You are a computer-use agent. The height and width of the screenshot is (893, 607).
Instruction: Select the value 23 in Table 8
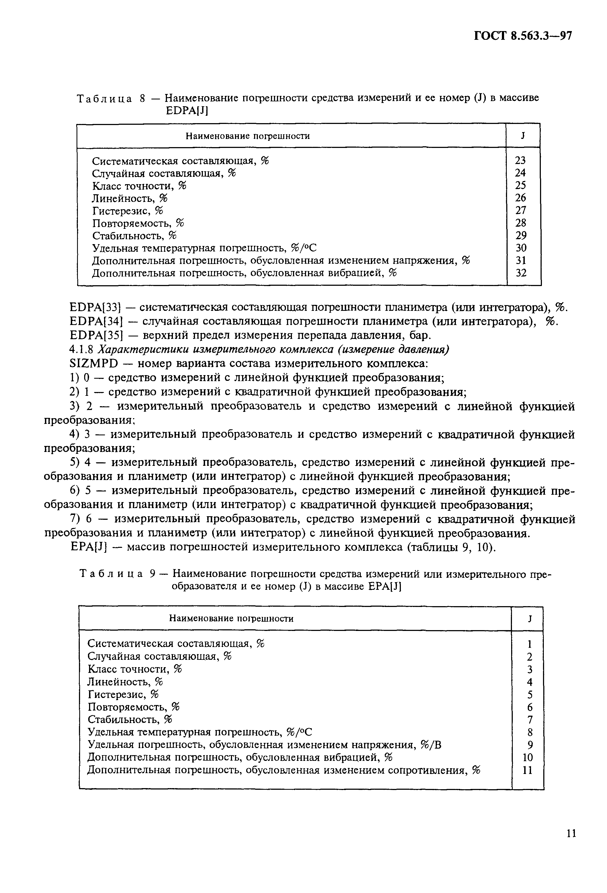[x=520, y=160]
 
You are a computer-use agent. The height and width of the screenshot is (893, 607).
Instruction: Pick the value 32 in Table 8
[x=521, y=273]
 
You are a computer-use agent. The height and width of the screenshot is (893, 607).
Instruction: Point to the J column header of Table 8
[x=523, y=136]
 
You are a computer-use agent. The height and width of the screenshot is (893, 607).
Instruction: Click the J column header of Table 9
[x=529, y=619]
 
